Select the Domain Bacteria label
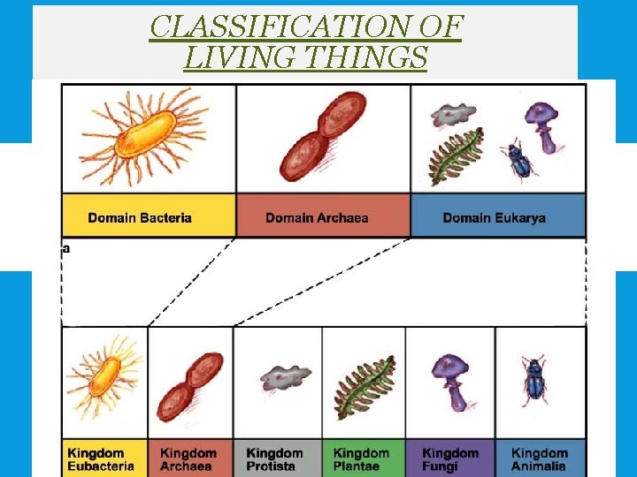point(140,217)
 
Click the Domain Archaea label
point(317,217)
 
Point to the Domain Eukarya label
point(494,217)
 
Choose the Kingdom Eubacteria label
point(101,459)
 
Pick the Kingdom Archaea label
point(188,459)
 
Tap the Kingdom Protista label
point(274,459)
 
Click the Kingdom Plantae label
point(361,459)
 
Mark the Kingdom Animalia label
point(540,459)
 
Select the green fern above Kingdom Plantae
point(364,387)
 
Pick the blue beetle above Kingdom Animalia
point(534,380)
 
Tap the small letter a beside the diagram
point(65,248)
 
